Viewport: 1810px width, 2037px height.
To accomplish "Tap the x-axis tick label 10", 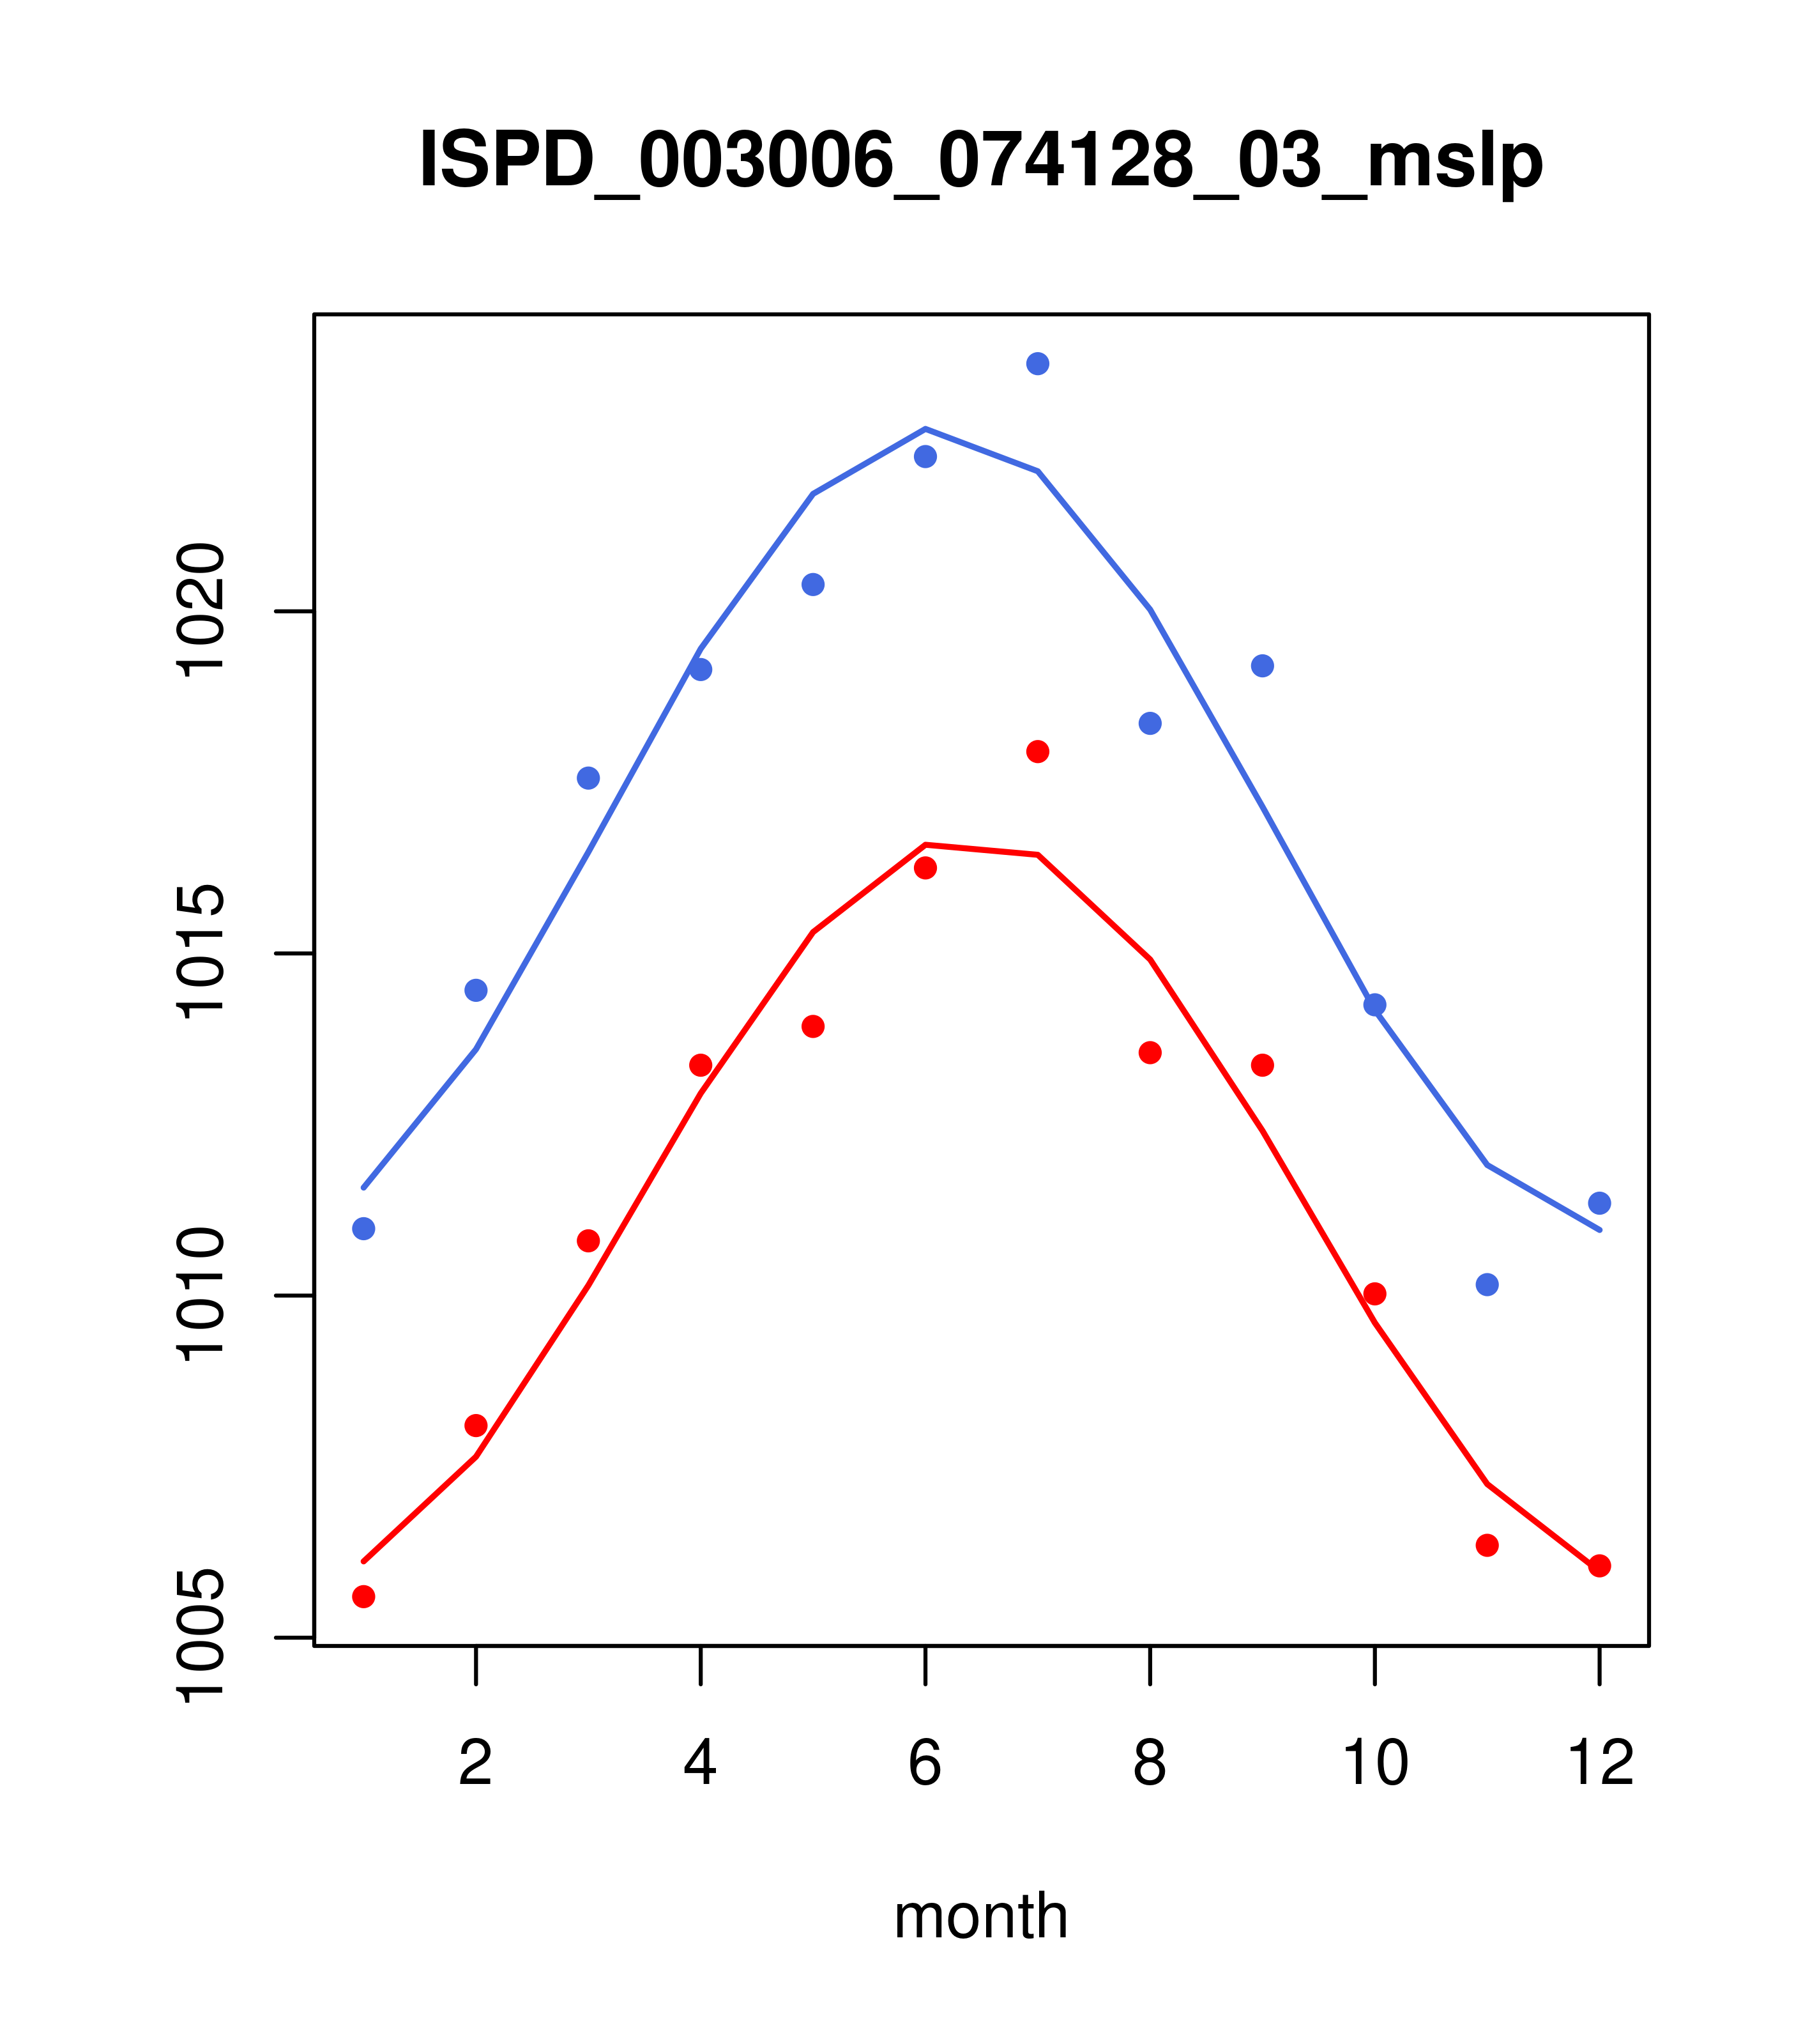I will pos(1374,1764).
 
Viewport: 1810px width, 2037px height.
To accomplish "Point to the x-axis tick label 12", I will pos(1600,1764).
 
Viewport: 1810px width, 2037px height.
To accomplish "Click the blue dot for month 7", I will pos(1037,364).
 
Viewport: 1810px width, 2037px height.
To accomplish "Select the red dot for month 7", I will pos(1037,751).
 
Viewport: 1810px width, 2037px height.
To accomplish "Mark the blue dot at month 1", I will pos(363,1229).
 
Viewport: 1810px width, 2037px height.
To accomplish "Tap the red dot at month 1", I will pos(363,1597).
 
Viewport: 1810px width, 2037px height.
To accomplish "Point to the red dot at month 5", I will pos(813,1026).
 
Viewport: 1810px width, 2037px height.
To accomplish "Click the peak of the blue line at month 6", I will pos(925,429).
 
